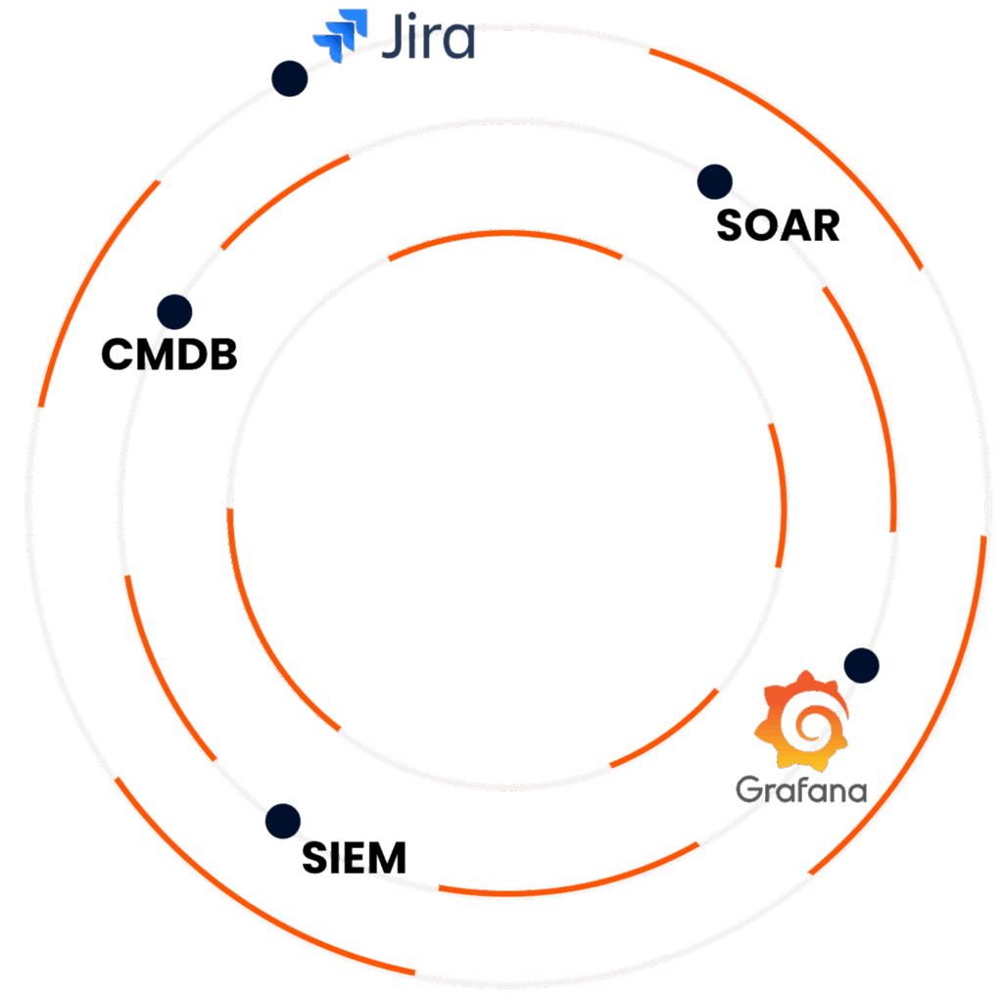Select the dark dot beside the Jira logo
(x=289, y=78)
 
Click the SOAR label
(x=778, y=226)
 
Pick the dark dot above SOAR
(x=714, y=181)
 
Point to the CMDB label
(x=169, y=355)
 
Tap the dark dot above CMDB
(x=174, y=311)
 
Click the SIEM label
(x=354, y=859)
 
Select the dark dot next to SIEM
(x=283, y=821)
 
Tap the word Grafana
(x=801, y=789)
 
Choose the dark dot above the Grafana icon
(x=861, y=665)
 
